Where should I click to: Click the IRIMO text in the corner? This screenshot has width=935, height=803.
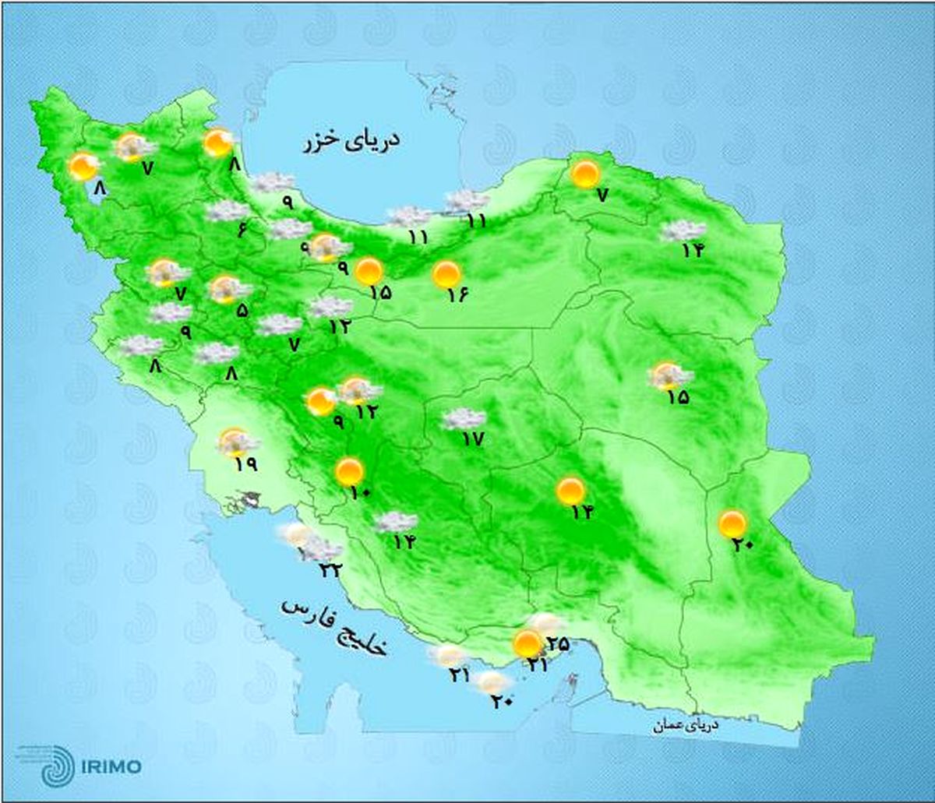point(110,766)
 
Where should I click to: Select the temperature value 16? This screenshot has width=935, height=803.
point(457,295)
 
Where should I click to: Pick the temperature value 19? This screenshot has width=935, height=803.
point(244,465)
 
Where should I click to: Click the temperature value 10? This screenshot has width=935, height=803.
point(361,493)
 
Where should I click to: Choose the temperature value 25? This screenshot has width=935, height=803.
point(558,644)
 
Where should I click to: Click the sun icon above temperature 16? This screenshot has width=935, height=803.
point(446,273)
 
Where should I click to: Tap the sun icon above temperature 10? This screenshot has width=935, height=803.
point(349,471)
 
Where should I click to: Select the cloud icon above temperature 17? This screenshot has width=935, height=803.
point(464,419)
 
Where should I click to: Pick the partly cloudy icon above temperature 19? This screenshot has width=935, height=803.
point(235,442)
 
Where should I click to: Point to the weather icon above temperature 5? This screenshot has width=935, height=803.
point(227,289)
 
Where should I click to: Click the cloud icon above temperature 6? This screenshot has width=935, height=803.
point(228,210)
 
